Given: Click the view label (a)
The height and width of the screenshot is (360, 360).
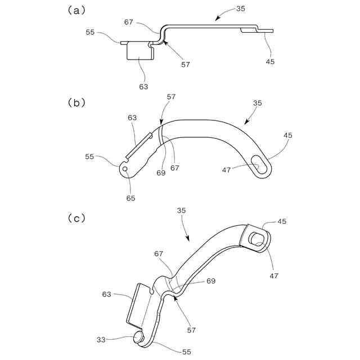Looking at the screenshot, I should click(76, 10).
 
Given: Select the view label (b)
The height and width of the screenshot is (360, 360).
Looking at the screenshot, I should click(76, 103).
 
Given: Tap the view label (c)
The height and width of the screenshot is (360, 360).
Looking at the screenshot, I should click(76, 218).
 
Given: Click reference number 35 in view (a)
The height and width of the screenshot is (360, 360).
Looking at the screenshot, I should click(240, 10).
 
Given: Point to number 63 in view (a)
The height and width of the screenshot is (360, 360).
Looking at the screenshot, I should click(143, 87).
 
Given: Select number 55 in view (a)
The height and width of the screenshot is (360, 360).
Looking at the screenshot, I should click(90, 33).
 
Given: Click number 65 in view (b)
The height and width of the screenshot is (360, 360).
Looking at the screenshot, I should click(131, 198).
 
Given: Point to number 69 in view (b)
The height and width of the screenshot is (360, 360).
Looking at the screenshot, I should click(161, 173).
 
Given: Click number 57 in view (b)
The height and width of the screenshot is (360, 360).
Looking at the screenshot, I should click(171, 97).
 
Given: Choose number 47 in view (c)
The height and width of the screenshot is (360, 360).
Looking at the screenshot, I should click(274, 276).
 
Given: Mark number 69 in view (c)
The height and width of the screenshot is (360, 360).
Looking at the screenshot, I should click(211, 281).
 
